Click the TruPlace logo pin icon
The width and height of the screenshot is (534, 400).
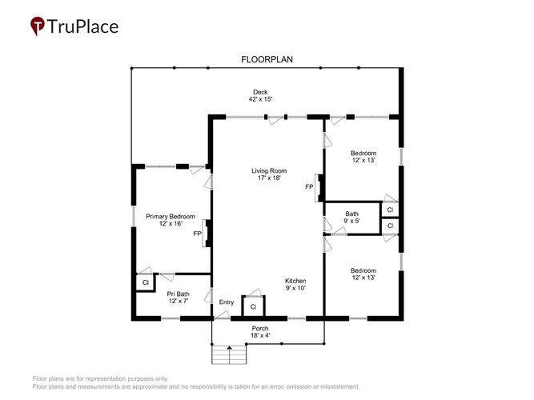(x=38, y=26)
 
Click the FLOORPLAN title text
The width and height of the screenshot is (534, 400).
(x=267, y=59)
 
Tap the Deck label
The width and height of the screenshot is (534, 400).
(x=260, y=92)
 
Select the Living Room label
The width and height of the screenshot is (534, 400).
(x=269, y=171)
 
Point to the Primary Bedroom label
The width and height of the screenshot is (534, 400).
(x=171, y=217)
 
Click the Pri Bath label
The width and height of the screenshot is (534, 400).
(x=178, y=294)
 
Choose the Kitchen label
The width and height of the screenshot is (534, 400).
(x=295, y=281)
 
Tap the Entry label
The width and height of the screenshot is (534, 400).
(x=227, y=302)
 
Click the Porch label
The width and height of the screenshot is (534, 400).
(x=260, y=329)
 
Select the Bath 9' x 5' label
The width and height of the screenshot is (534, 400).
(x=351, y=217)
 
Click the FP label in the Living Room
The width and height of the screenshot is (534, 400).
(x=309, y=187)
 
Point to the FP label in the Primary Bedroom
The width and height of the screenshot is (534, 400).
(x=197, y=234)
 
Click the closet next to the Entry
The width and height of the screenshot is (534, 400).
(x=253, y=306)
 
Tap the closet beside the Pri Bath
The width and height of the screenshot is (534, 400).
(x=146, y=282)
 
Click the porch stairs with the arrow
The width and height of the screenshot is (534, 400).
(x=229, y=354)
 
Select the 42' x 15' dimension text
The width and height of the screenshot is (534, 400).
(x=260, y=99)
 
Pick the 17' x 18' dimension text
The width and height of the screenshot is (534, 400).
(x=269, y=178)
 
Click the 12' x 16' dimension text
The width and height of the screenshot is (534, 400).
(x=171, y=224)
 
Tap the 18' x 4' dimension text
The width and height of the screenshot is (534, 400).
(x=260, y=336)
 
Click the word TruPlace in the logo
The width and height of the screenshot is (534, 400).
(x=82, y=26)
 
